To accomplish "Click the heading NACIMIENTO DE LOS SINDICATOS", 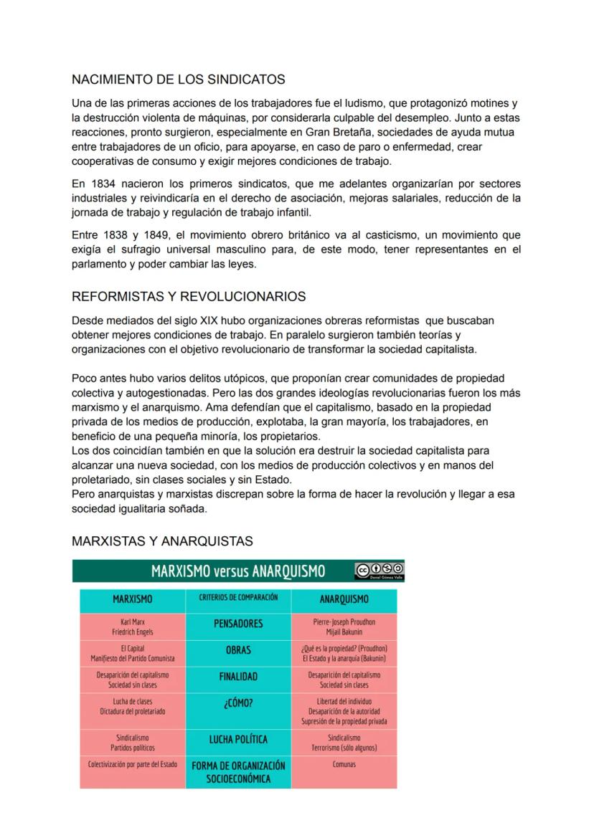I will click(x=179, y=80).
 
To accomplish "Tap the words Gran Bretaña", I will click(x=352, y=132).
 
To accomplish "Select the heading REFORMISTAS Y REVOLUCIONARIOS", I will click(x=189, y=297).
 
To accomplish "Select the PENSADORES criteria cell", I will click(x=238, y=624).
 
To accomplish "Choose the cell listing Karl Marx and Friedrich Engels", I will click(x=133, y=627).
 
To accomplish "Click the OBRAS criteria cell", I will click(x=238, y=650).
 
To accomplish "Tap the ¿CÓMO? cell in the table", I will click(x=238, y=703).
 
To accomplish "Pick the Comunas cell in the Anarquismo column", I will click(x=344, y=764).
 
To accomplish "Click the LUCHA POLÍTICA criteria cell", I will click(x=238, y=739).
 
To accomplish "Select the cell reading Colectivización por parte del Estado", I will click(x=133, y=764).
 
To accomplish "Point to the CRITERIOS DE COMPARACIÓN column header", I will click(x=238, y=597).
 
